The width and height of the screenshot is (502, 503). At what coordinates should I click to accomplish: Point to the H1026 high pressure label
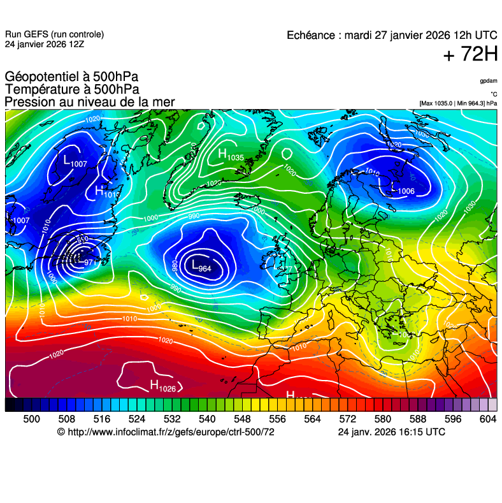[x=162, y=385]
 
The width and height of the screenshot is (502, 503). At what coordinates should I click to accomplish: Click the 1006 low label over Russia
[x=404, y=191]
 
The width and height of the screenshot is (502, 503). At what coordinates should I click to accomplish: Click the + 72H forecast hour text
[x=470, y=55]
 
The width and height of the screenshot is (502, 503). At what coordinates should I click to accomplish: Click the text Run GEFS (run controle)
[x=54, y=34]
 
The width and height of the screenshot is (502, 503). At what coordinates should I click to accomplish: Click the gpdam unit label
[x=489, y=81]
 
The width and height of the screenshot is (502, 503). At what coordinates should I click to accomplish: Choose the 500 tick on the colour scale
[x=31, y=419]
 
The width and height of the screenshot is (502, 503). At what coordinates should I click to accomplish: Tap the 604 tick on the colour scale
[x=488, y=419]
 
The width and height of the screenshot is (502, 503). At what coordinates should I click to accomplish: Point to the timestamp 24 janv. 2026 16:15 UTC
[x=391, y=432]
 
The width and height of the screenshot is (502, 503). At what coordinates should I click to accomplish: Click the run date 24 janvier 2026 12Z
[x=44, y=45]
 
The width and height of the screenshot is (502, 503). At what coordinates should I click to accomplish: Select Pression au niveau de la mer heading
[x=90, y=103]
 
